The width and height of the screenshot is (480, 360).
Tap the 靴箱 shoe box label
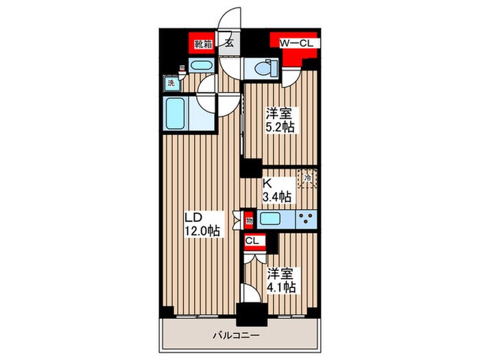tap(202, 44)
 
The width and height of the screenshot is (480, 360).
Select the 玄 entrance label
tap(228, 44)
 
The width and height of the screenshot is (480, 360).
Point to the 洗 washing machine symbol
tap(169, 84)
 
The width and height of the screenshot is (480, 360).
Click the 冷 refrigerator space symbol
tap(307, 179)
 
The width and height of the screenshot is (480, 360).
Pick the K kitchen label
tap(268, 184)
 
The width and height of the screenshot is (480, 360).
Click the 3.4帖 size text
tap(278, 197)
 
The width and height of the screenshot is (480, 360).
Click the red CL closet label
tap(252, 241)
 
